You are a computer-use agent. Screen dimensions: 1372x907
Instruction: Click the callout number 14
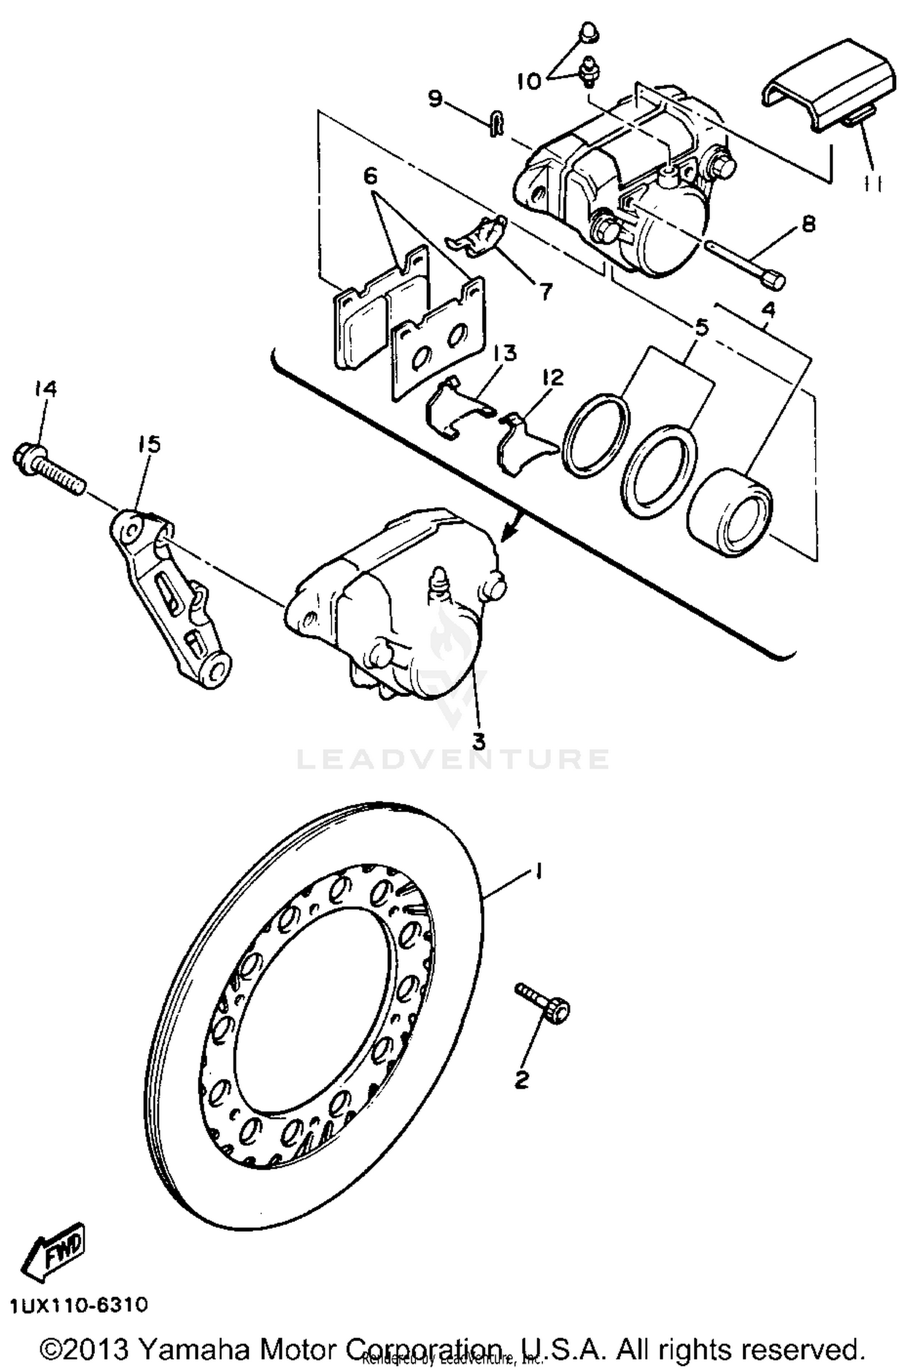45,389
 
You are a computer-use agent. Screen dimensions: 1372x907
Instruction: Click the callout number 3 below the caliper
479,740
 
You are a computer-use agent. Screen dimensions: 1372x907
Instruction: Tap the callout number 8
808,224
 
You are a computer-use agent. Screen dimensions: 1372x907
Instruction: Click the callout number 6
370,176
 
